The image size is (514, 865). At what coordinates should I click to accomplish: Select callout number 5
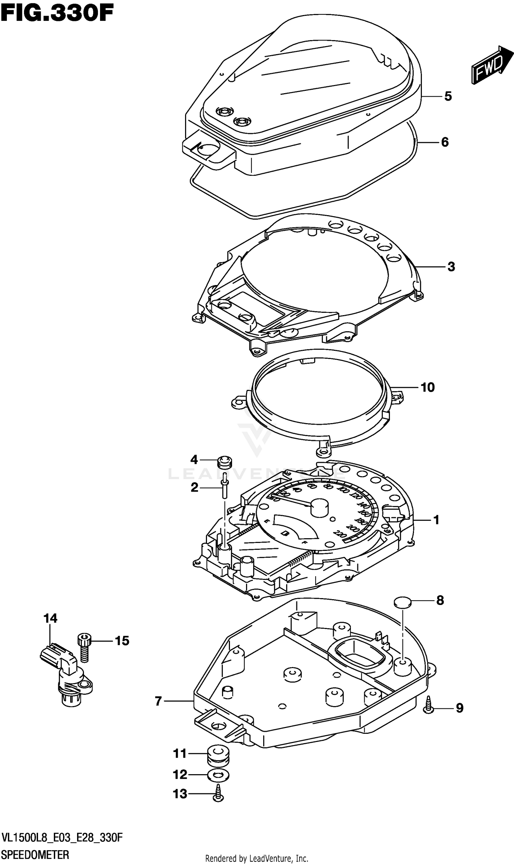(448, 96)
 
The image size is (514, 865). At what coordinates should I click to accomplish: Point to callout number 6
(445, 142)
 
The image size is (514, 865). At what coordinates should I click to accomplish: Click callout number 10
(427, 387)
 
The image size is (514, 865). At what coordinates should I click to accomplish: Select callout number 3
(451, 267)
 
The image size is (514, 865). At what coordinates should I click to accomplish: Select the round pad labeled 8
(403, 602)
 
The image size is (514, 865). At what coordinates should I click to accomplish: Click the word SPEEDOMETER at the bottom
(35, 855)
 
